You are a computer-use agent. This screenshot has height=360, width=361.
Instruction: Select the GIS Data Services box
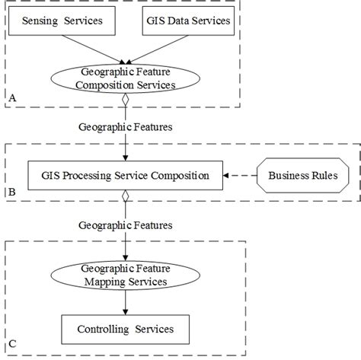coord(187,21)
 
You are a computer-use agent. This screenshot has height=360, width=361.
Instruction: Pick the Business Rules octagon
coord(302,176)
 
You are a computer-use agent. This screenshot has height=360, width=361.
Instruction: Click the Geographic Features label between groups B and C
coord(126,225)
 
